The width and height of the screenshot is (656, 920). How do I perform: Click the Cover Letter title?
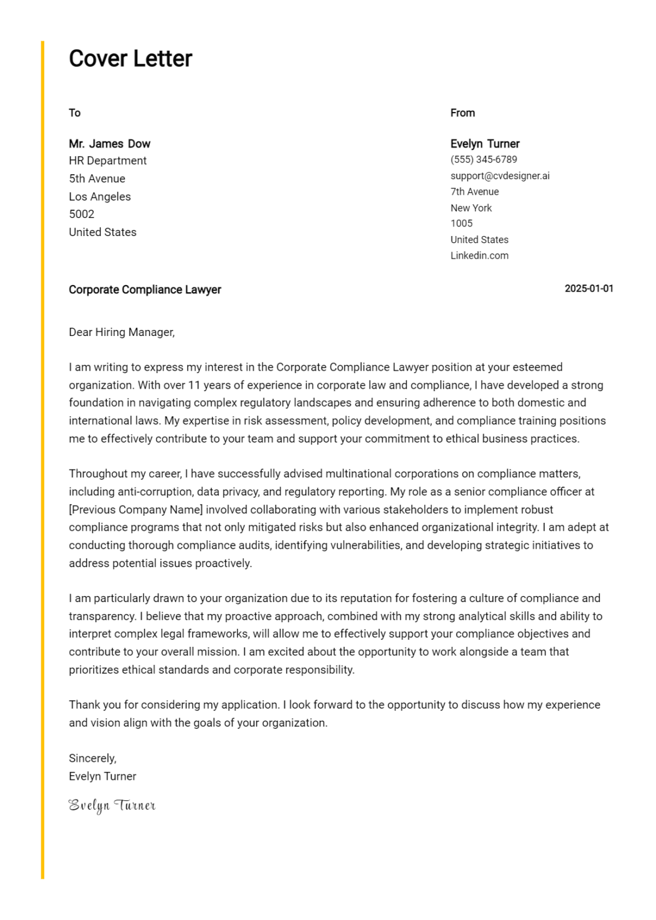coord(130,59)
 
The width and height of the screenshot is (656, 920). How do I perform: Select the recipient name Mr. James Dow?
coord(109,144)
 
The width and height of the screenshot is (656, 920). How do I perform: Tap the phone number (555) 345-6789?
coord(483,159)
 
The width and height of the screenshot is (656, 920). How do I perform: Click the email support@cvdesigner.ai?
coord(500,175)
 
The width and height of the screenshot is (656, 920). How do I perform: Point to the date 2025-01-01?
coord(588,289)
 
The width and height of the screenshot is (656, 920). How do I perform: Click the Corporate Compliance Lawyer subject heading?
coord(144,290)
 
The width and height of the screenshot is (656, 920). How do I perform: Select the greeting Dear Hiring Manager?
coord(122,332)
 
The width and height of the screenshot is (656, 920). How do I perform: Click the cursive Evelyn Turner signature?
coord(112,806)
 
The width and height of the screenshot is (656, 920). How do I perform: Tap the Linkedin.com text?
coord(479,255)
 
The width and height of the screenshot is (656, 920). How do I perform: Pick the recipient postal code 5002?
coord(81,214)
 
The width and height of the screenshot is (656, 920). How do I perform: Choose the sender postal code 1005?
coord(461,223)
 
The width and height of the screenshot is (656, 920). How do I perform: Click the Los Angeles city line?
coord(99,196)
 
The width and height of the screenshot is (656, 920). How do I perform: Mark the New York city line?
coord(471,208)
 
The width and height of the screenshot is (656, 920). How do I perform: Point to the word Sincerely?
coord(92,758)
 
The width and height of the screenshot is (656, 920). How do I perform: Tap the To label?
coord(74,113)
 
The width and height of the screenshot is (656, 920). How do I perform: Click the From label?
coord(462,113)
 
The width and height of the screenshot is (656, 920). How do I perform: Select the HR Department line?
coord(107,161)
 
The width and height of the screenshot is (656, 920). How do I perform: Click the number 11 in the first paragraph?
coord(194,385)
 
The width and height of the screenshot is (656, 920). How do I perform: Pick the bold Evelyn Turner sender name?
coord(485,144)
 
